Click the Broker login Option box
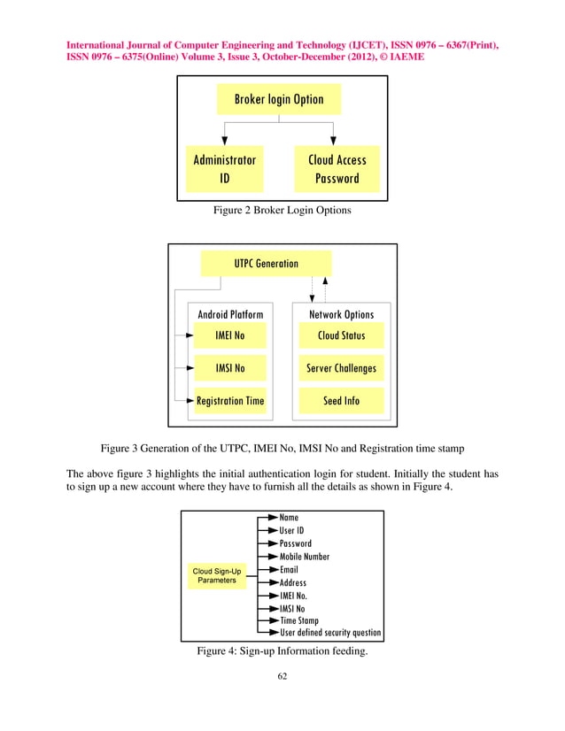[x=279, y=99]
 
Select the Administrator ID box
[x=225, y=168]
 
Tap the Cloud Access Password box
[x=337, y=168]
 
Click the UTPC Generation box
[x=266, y=263]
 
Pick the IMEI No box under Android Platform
[x=230, y=336]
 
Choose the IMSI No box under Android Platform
[x=230, y=368]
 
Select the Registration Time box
[x=230, y=400]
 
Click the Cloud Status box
[x=341, y=336]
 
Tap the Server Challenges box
[x=341, y=368]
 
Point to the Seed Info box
[x=341, y=400]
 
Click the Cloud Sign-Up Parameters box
[x=217, y=575]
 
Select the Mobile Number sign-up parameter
[x=305, y=557]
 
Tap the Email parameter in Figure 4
[x=290, y=570]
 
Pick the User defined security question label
[x=330, y=633]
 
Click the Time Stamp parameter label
[x=298, y=620]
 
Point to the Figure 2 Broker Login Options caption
[x=282, y=211]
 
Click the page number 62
[x=282, y=677]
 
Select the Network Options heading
[x=341, y=314]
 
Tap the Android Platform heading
[x=230, y=314]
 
